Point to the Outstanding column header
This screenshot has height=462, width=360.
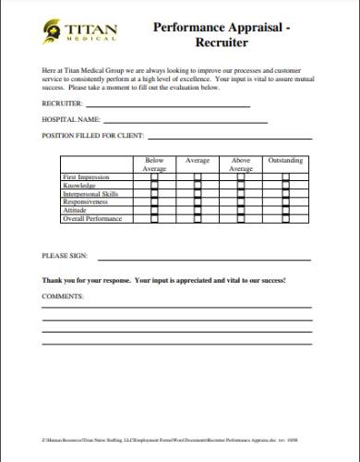(285, 161)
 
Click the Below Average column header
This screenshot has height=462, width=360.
(154, 164)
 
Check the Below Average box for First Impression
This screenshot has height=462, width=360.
(154, 177)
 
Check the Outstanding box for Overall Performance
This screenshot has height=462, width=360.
(285, 220)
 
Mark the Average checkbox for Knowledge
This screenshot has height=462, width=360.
(198, 186)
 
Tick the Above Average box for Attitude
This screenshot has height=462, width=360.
(241, 212)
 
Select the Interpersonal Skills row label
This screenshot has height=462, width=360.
(90, 194)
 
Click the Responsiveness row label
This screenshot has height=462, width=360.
(84, 202)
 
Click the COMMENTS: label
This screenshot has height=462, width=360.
(63, 297)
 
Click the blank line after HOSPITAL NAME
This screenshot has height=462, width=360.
(185, 122)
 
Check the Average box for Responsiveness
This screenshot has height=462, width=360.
(198, 203)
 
